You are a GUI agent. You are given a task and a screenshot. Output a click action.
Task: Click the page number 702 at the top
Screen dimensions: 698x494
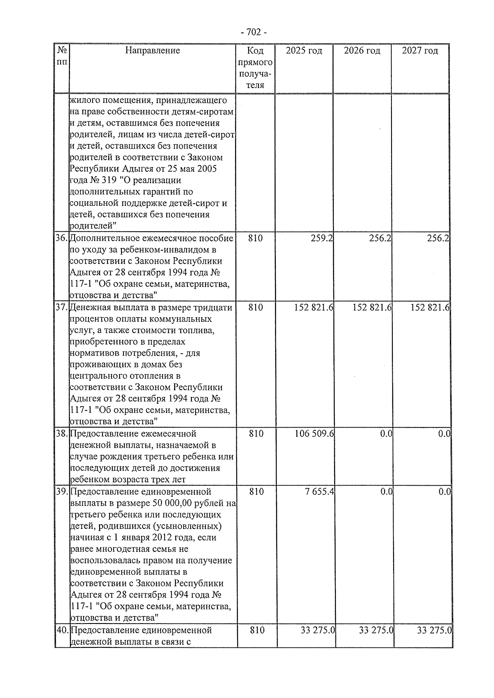(x=253, y=32)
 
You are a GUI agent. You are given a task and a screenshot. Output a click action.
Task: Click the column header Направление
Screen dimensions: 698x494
(x=152, y=51)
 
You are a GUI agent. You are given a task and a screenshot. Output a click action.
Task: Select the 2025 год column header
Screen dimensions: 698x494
(x=304, y=51)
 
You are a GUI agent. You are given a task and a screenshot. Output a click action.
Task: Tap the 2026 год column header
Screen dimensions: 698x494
(x=362, y=51)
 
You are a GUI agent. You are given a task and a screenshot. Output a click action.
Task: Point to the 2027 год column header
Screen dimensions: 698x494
(x=420, y=51)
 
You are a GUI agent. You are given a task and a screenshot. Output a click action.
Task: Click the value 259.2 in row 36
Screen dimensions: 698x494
(x=322, y=238)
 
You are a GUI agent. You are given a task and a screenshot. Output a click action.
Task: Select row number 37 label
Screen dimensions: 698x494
(x=62, y=307)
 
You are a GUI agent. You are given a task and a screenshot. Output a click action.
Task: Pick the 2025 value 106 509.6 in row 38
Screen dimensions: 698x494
(x=314, y=434)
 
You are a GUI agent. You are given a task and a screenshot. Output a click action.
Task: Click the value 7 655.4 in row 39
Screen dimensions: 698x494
(x=319, y=492)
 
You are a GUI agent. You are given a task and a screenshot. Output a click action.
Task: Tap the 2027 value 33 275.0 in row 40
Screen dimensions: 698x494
(x=434, y=630)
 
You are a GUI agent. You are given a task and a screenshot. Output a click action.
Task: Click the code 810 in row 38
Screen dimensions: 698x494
(x=256, y=434)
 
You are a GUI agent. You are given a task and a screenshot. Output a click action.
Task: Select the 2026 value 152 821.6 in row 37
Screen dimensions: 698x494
(x=372, y=307)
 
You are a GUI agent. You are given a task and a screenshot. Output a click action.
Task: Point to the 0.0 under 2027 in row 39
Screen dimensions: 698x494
(x=445, y=492)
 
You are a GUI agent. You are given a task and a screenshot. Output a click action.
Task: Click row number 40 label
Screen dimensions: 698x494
(x=63, y=630)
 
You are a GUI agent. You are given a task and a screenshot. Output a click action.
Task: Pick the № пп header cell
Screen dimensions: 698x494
(x=62, y=56)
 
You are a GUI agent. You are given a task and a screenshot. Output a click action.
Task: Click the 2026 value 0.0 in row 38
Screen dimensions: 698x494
(x=386, y=434)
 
